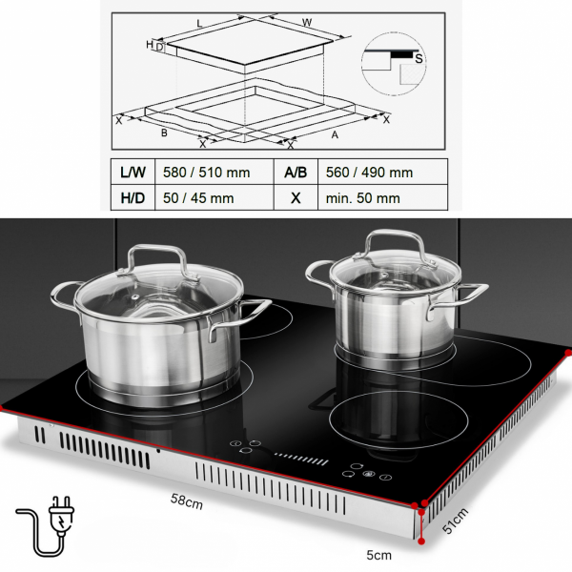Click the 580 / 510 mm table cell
(207, 173)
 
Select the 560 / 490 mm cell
(369, 173)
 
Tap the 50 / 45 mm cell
(198, 198)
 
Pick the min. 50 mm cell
(362, 198)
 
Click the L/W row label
(133, 173)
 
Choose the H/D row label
(133, 198)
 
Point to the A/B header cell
(296, 173)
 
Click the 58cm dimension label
(187, 501)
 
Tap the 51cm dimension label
(455, 521)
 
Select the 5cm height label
(379, 555)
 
